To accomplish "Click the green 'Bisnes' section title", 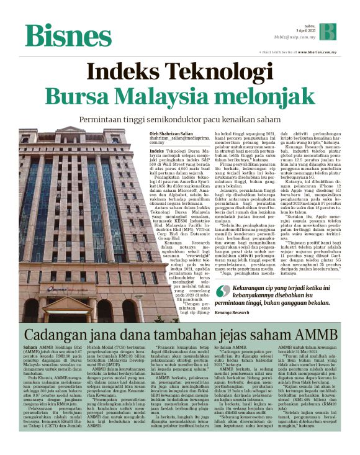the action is tap(68, 35).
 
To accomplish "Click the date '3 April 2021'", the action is tap(304, 30).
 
